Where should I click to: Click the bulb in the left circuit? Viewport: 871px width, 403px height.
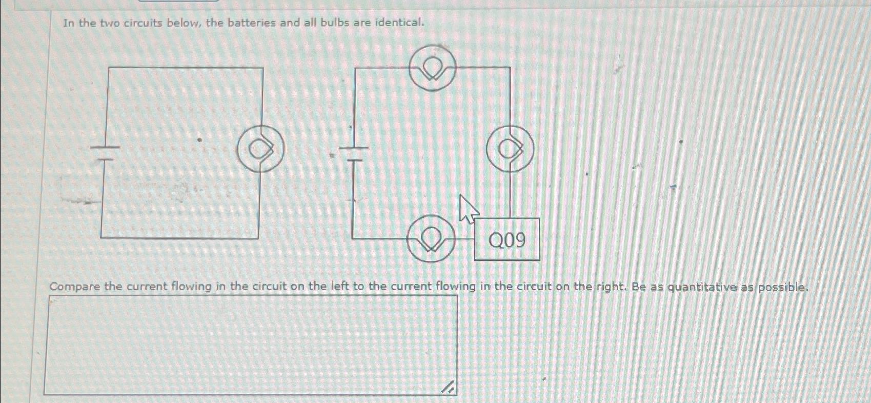pos(260,149)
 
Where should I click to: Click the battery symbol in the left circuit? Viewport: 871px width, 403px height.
pos(105,153)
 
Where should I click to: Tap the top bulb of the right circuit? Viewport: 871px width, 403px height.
pos(433,68)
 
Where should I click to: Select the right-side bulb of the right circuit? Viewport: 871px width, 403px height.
pos(510,149)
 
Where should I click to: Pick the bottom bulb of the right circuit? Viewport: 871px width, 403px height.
pos(431,239)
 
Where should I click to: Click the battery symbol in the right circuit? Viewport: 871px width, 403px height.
pos(354,153)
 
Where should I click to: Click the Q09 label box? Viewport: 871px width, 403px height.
pos(507,239)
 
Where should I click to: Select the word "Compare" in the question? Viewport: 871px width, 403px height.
pos(74,286)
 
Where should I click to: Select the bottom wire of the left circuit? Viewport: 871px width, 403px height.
pos(179,238)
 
